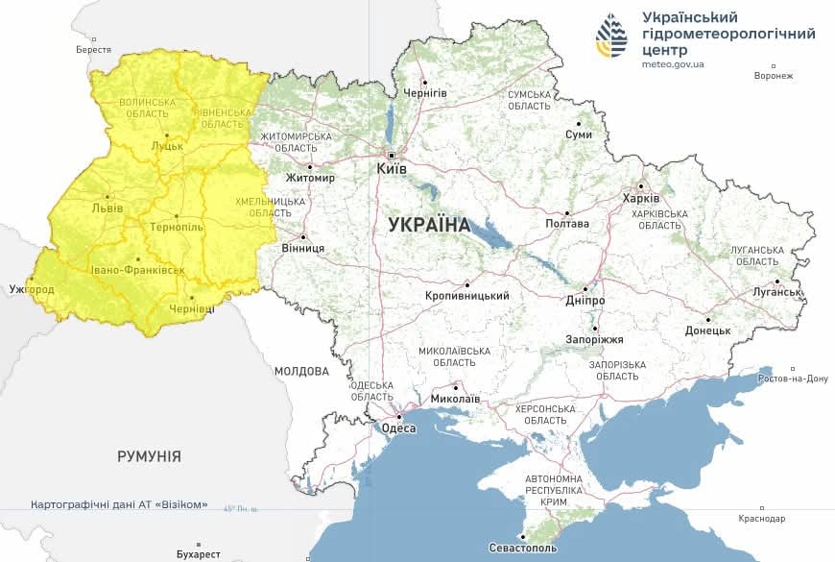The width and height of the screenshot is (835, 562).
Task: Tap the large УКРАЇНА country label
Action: pyautogui.click(x=429, y=225)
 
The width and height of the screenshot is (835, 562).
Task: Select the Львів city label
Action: pyautogui.click(x=107, y=208)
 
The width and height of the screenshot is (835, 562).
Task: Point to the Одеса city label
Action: pyautogui.click(x=398, y=428)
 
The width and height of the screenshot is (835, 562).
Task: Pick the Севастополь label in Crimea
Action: pyautogui.click(x=522, y=548)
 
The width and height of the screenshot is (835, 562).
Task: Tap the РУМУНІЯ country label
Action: pyautogui.click(x=149, y=456)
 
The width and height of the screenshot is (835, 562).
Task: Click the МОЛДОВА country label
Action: pyautogui.click(x=300, y=371)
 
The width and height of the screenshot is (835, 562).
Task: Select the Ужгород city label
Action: pyautogui.click(x=31, y=289)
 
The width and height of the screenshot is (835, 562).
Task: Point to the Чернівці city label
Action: pyautogui.click(x=193, y=308)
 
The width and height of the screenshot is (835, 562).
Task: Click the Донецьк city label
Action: pyautogui.click(x=707, y=330)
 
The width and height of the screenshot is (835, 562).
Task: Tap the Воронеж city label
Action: pyautogui.click(x=774, y=76)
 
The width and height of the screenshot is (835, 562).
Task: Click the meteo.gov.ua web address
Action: pyautogui.click(x=673, y=64)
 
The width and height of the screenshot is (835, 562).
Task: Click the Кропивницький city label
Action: pyautogui.click(x=466, y=296)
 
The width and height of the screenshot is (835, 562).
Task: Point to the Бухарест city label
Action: pyautogui.click(x=199, y=553)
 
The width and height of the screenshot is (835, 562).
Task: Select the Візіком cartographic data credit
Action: pyautogui.click(x=119, y=504)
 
